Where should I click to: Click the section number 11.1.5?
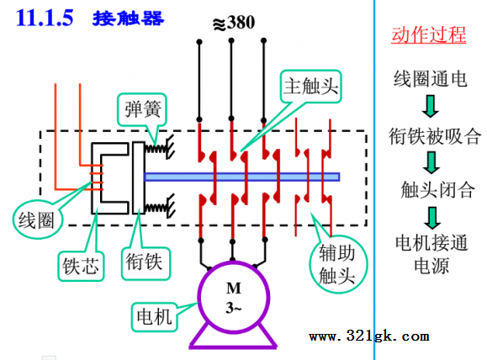pyautogui.click(x=45, y=18)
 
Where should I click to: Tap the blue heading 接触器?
pyautogui.click(x=128, y=19)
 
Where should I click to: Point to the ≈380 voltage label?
pyautogui.click(x=234, y=23)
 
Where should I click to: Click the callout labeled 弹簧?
pyautogui.click(x=142, y=109)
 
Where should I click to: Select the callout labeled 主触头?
pyautogui.click(x=311, y=86)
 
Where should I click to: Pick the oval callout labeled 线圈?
pyautogui.click(x=37, y=220)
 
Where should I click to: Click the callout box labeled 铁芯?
pyautogui.click(x=81, y=267)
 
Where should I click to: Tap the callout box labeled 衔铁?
pyautogui.click(x=145, y=262)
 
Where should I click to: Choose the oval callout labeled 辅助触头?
pyautogui.click(x=337, y=264)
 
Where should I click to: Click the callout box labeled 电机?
pyautogui.click(x=155, y=317)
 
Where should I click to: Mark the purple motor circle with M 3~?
pyautogui.click(x=234, y=297)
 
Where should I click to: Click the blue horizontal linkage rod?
pyautogui.click(x=242, y=177)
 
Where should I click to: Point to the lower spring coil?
pyautogui.click(x=156, y=207)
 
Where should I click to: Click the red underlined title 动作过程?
pyautogui.click(x=429, y=34)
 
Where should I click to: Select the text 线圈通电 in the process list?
pyautogui.click(x=431, y=79)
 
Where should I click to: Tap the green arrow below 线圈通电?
pyautogui.click(x=431, y=107)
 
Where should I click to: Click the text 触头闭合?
pyautogui.click(x=437, y=189)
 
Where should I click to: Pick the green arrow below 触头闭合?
pyautogui.click(x=432, y=218)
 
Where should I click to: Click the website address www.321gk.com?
pyautogui.click(x=369, y=336)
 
